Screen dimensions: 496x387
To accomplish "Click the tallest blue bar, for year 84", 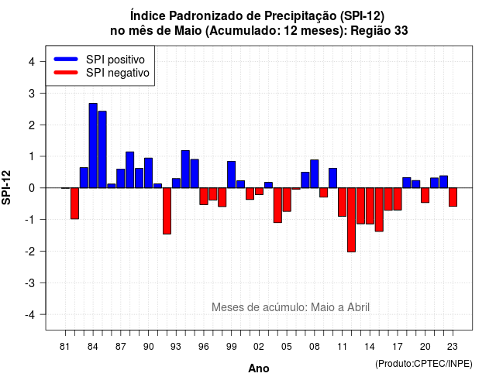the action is [x=93, y=146].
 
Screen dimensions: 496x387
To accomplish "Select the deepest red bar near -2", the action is [x=351, y=220].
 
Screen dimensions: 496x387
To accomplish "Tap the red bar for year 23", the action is [x=453, y=197].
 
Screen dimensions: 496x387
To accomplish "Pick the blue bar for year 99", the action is [x=231, y=175].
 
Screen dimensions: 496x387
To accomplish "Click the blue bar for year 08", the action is [x=315, y=174].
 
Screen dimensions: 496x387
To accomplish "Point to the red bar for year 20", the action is [x=425, y=195].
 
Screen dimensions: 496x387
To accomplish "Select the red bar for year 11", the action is [x=343, y=202].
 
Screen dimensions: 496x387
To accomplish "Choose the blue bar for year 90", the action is [x=148, y=173].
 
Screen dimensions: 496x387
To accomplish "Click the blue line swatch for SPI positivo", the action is [x=66, y=59].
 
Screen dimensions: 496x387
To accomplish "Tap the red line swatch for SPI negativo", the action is [x=66, y=73].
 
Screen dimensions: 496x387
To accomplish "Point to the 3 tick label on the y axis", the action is [x=31, y=93].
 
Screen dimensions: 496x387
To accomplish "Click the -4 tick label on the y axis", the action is [x=29, y=314].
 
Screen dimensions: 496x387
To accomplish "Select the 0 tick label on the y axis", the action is [x=31, y=188].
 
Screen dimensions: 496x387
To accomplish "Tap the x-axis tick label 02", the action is [x=259, y=347].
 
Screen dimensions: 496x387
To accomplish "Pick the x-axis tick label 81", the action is [x=64, y=347].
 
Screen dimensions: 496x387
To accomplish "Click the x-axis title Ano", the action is [x=259, y=368].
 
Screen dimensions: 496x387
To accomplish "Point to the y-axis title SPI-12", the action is [x=6, y=187].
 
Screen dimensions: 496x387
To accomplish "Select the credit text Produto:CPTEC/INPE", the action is [x=424, y=364].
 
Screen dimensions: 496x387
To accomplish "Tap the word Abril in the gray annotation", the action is [x=358, y=307].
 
